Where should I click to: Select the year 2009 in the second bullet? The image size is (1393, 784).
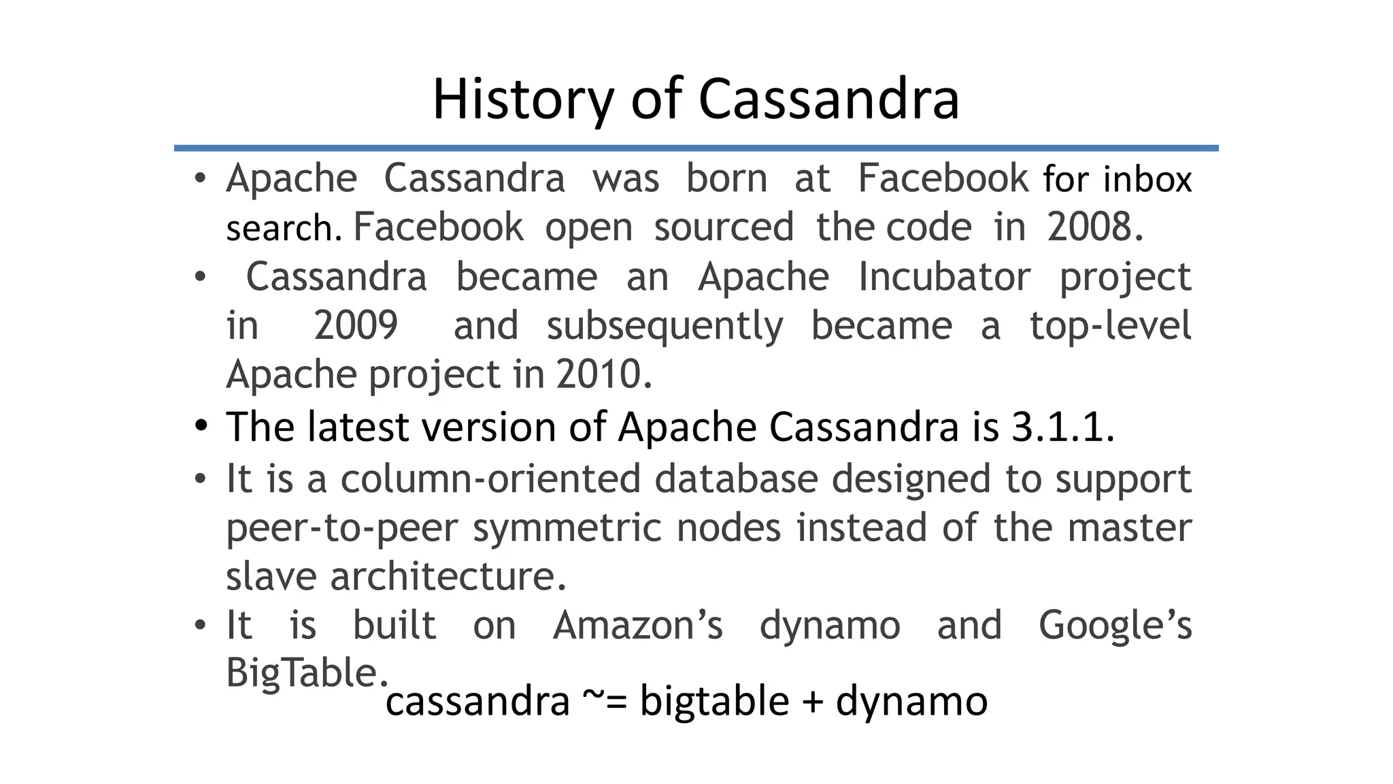(356, 325)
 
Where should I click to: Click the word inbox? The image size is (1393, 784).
(1147, 179)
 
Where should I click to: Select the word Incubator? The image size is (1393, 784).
(944, 277)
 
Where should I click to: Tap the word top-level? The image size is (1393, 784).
(1110, 325)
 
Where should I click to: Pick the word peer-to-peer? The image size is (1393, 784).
(341, 527)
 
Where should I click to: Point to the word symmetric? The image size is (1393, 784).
(567, 527)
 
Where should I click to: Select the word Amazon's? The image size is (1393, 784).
(638, 625)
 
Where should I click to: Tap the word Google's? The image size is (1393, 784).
(1115, 625)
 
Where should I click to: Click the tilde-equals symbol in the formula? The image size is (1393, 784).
(605, 701)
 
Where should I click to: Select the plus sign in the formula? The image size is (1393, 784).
(812, 702)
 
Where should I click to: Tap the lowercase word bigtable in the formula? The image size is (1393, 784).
(714, 701)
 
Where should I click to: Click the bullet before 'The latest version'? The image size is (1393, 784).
(200, 426)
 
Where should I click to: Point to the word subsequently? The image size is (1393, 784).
(665, 326)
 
